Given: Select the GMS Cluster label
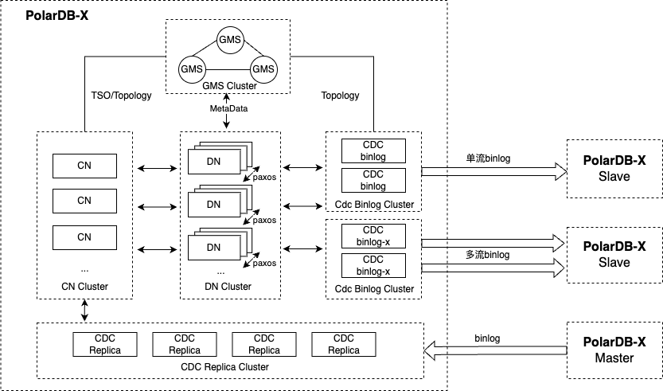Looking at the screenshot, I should tap(229, 86).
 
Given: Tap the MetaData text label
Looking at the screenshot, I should tap(228, 108).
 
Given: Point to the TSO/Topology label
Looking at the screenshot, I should tap(122, 96).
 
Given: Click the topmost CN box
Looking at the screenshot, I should tap(84, 166).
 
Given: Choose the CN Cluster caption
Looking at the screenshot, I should tap(84, 287).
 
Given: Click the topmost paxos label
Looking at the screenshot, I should tap(264, 177).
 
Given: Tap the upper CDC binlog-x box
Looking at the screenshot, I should tap(373, 236).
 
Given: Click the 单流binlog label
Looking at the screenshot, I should tap(488, 158).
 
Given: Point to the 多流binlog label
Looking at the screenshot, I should tap(488, 255).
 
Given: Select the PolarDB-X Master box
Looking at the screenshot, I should tap(614, 350).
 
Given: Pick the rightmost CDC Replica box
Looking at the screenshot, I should tap(343, 344).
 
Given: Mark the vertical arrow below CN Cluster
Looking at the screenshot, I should tap(84, 311).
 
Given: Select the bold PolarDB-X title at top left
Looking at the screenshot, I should tap(57, 16).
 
